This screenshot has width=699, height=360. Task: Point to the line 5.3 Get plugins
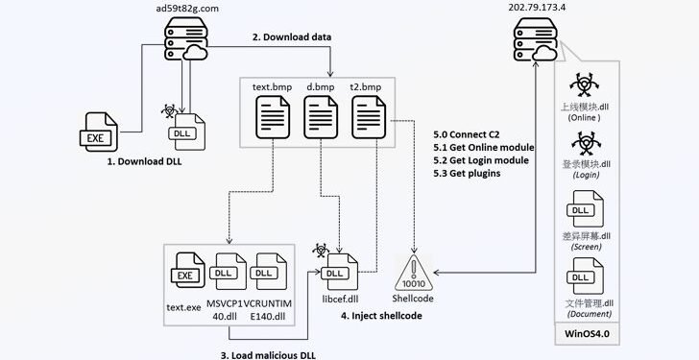467,174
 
